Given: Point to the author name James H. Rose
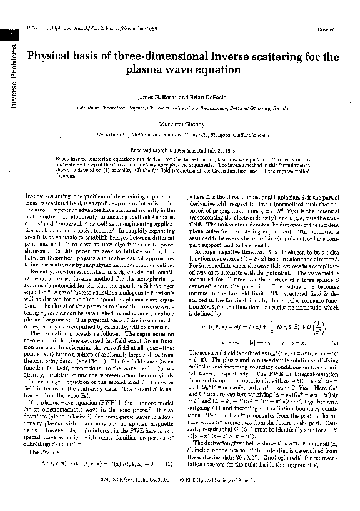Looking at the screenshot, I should [161, 98].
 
